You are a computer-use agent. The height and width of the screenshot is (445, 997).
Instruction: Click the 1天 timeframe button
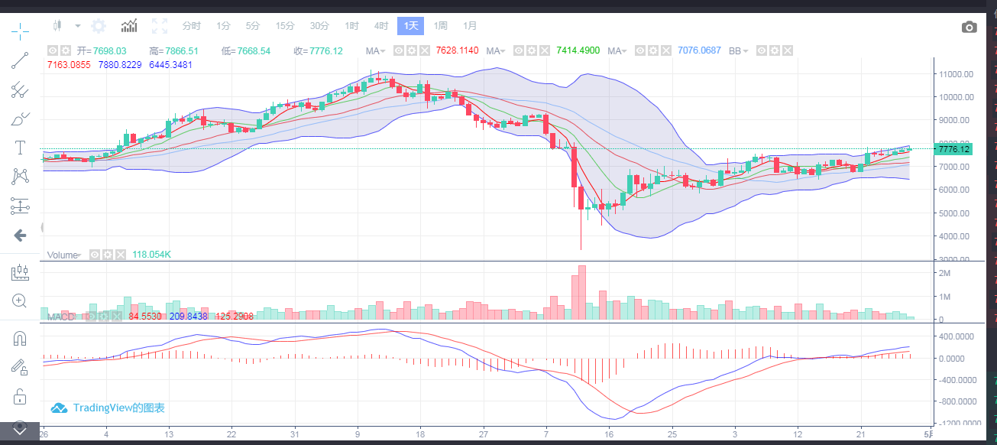pyautogui.click(x=410, y=26)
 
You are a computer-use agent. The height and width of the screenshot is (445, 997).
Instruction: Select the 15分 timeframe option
pyautogui.click(x=285, y=26)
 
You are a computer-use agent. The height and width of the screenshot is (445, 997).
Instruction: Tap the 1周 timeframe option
pyautogui.click(x=441, y=26)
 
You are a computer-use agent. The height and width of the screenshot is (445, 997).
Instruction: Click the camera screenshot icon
pyautogui.click(x=969, y=28)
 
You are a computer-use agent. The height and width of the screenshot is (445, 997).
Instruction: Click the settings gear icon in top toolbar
pyautogui.click(x=99, y=26)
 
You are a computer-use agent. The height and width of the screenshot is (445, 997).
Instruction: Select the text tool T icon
pyautogui.click(x=20, y=147)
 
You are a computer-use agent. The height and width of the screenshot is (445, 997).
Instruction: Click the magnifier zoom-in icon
pyautogui.click(x=20, y=300)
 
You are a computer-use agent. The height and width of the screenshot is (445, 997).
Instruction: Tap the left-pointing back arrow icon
pyautogui.click(x=20, y=235)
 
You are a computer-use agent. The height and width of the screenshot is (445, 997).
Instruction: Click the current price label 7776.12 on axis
pyautogui.click(x=956, y=149)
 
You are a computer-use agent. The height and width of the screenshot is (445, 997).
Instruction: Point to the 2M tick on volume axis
pyautogui.click(x=944, y=274)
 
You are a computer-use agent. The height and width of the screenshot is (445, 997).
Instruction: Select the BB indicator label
pyautogui.click(x=735, y=50)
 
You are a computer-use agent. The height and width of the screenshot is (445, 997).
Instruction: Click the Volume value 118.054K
pyautogui.click(x=151, y=254)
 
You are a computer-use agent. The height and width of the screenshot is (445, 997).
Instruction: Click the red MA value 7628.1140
pyautogui.click(x=457, y=50)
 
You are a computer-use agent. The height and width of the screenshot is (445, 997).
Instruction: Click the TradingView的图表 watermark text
pyautogui.click(x=118, y=408)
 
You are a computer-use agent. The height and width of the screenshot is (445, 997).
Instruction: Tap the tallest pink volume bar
pyautogui.click(x=582, y=292)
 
